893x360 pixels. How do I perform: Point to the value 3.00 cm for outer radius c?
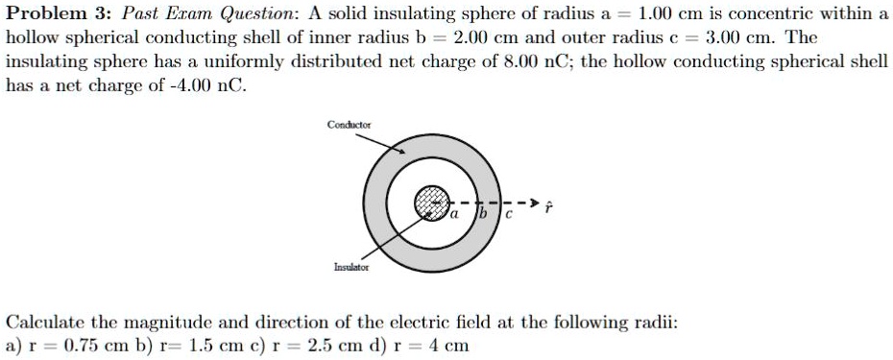click(x=737, y=37)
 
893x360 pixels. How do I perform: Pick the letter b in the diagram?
click(x=486, y=212)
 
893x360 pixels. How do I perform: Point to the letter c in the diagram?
click(x=511, y=213)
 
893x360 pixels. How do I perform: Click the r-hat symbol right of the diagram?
click(x=549, y=205)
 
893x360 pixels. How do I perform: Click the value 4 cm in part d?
click(x=450, y=346)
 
